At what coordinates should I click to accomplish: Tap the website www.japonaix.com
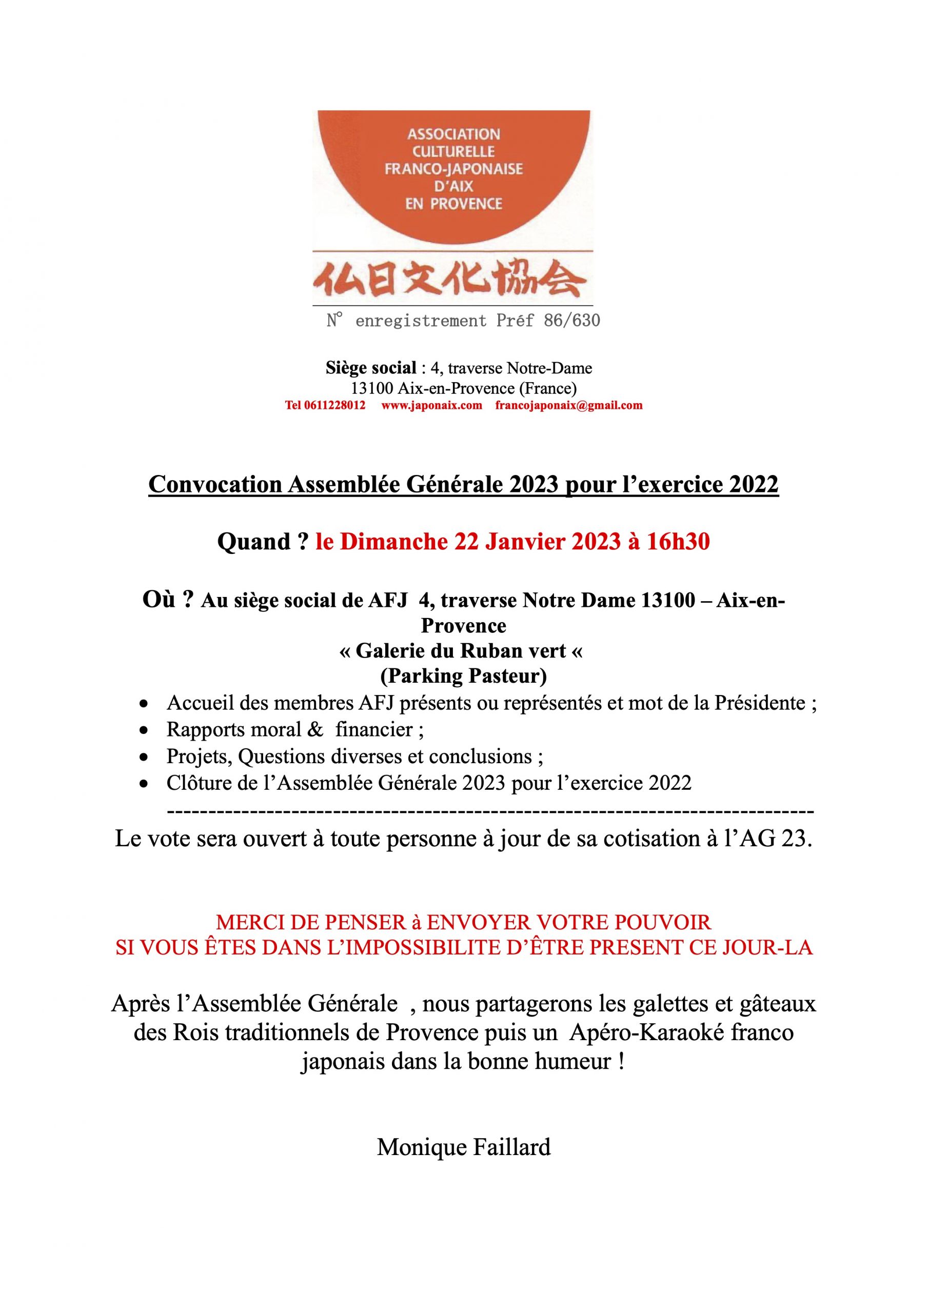tap(431, 406)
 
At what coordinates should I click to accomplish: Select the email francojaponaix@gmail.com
tap(569, 406)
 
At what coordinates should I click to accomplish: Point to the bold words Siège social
tap(371, 368)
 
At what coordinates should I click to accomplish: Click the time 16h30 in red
tap(678, 542)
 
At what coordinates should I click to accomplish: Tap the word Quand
tap(254, 542)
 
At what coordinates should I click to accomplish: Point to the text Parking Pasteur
tap(463, 676)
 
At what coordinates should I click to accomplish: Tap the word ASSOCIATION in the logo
tap(453, 134)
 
